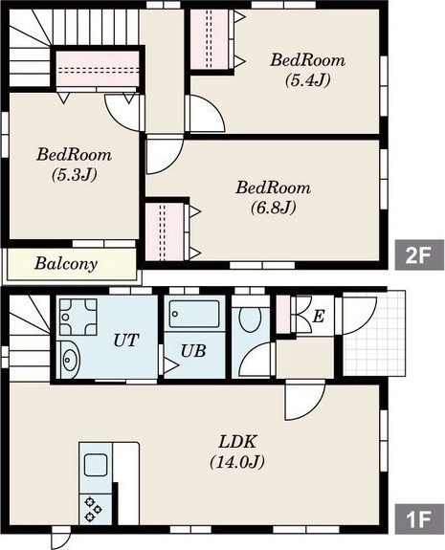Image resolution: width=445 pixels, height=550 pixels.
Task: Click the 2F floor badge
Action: [x=419, y=255]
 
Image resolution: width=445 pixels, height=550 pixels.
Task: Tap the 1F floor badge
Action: [x=419, y=519]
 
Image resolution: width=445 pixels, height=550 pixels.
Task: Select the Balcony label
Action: [x=66, y=264]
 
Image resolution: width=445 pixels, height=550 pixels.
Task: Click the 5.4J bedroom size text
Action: [x=308, y=80]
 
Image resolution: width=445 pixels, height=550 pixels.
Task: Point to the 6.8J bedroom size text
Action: [x=274, y=208]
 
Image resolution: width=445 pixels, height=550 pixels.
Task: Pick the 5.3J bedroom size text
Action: [x=74, y=175]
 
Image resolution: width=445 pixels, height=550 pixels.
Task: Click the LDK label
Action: [x=237, y=442]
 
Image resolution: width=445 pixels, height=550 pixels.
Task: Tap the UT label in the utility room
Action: [x=126, y=341]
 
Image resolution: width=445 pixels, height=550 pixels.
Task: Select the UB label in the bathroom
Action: [x=193, y=351]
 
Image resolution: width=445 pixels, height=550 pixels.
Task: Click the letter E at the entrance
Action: [x=319, y=317]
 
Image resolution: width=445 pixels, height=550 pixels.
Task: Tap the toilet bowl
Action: [x=250, y=319]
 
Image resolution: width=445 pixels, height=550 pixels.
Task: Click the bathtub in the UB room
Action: [x=194, y=314]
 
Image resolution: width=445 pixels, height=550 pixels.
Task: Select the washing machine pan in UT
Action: [x=78, y=318]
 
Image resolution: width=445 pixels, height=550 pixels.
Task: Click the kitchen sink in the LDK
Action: [x=96, y=465]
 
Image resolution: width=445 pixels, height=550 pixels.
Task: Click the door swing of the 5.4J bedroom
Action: [x=207, y=113]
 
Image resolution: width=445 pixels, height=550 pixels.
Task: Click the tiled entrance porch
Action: [x=374, y=333]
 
